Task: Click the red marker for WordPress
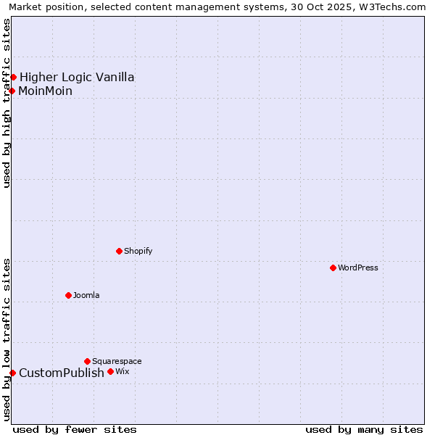(333, 268)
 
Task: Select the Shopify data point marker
(119, 251)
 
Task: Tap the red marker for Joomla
(68, 295)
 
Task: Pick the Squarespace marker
(87, 361)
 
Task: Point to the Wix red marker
(110, 371)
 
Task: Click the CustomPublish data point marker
(12, 373)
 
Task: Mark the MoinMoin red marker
(12, 91)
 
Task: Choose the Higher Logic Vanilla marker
(13, 77)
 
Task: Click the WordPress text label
(358, 268)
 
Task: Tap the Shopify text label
(138, 251)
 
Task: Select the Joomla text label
(86, 295)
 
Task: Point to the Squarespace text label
(117, 361)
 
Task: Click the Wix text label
(122, 371)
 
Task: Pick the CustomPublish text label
(62, 373)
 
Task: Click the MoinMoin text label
(46, 91)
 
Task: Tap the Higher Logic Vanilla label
(77, 77)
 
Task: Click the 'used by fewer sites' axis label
(75, 429)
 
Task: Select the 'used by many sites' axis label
(364, 429)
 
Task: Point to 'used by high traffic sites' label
(7, 103)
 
